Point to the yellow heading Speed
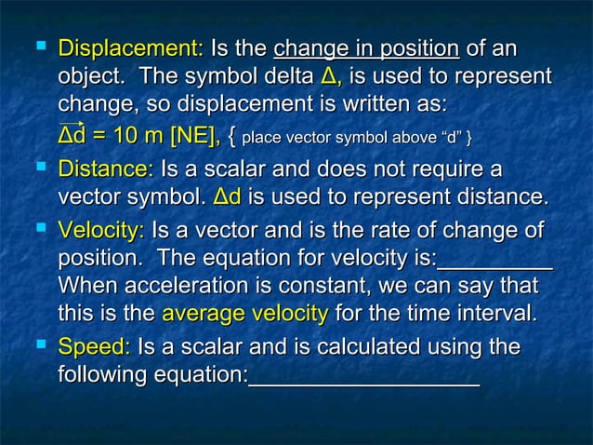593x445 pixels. (x=94, y=348)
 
